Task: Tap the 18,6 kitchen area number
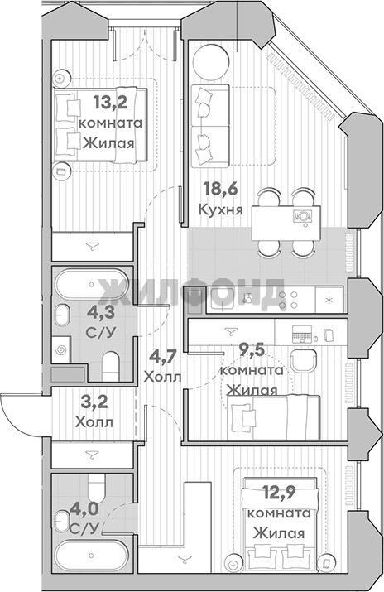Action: point(221,189)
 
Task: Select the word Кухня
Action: point(221,209)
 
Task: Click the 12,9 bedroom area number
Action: point(280,493)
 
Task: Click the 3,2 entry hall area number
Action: point(94,402)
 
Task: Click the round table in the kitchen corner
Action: point(211,62)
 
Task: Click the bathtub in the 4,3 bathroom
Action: point(92,284)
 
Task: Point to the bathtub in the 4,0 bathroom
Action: point(92,556)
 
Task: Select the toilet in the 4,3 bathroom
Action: point(111,366)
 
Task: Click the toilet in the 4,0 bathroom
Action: point(96,486)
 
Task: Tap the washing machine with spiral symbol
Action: point(61,350)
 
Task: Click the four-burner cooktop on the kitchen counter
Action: point(288,300)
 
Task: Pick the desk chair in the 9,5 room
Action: point(303,361)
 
